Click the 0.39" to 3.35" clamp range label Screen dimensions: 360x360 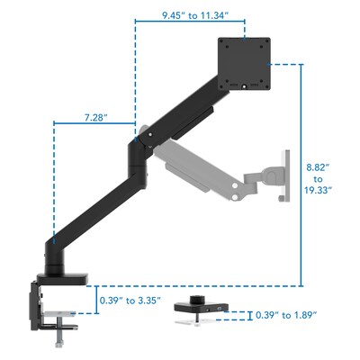pyautogui.click(x=134, y=291)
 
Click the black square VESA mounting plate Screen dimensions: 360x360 pyautogui.click(x=246, y=64)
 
